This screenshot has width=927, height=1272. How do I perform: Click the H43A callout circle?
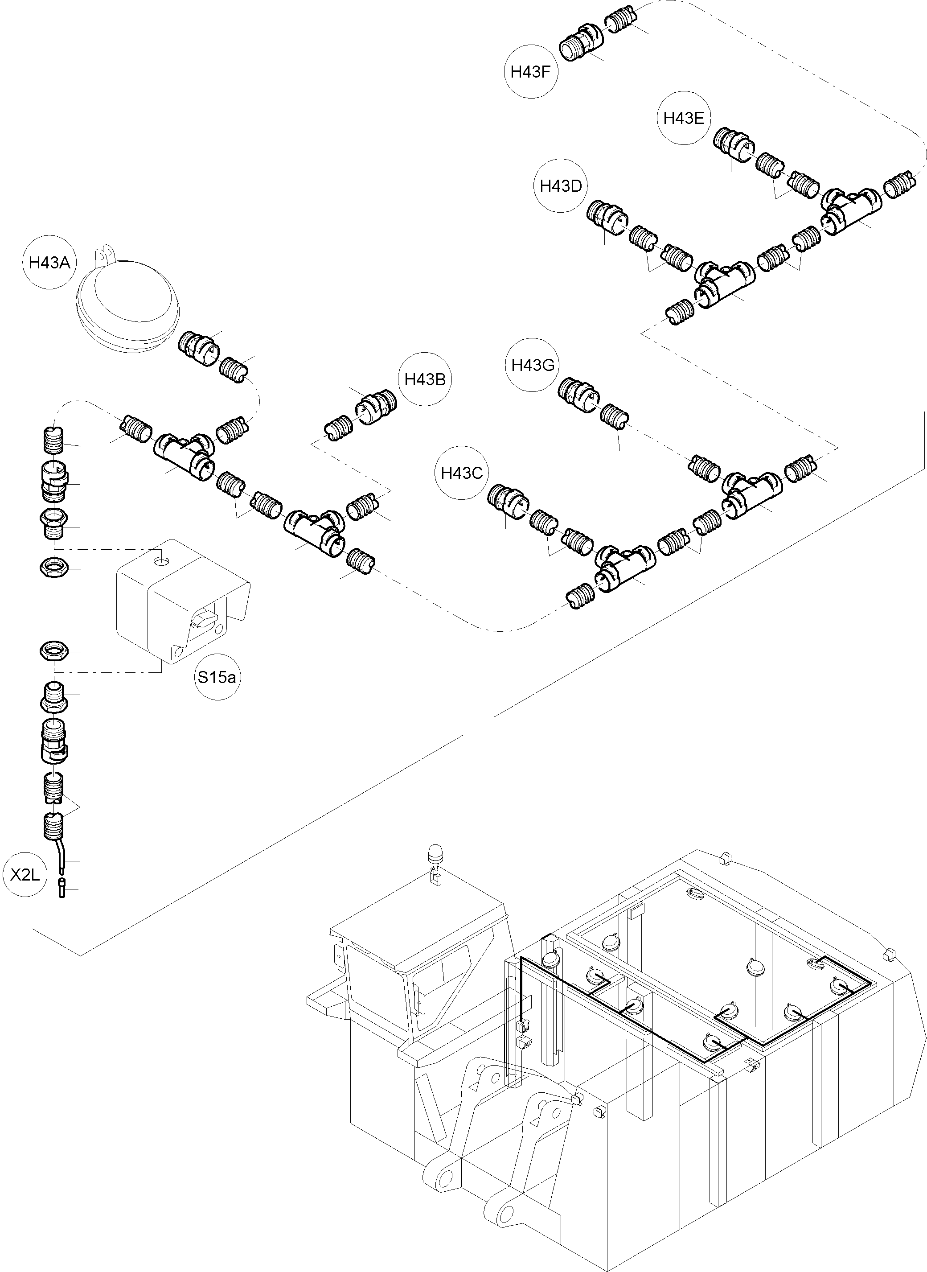point(49,263)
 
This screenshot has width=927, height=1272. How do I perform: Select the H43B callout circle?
point(425,379)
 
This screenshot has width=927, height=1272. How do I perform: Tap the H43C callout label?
point(461,473)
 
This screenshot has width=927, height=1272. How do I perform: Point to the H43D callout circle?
point(561,186)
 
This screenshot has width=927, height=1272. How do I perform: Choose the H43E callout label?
point(684,119)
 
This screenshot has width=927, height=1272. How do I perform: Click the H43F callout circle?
point(531,72)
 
